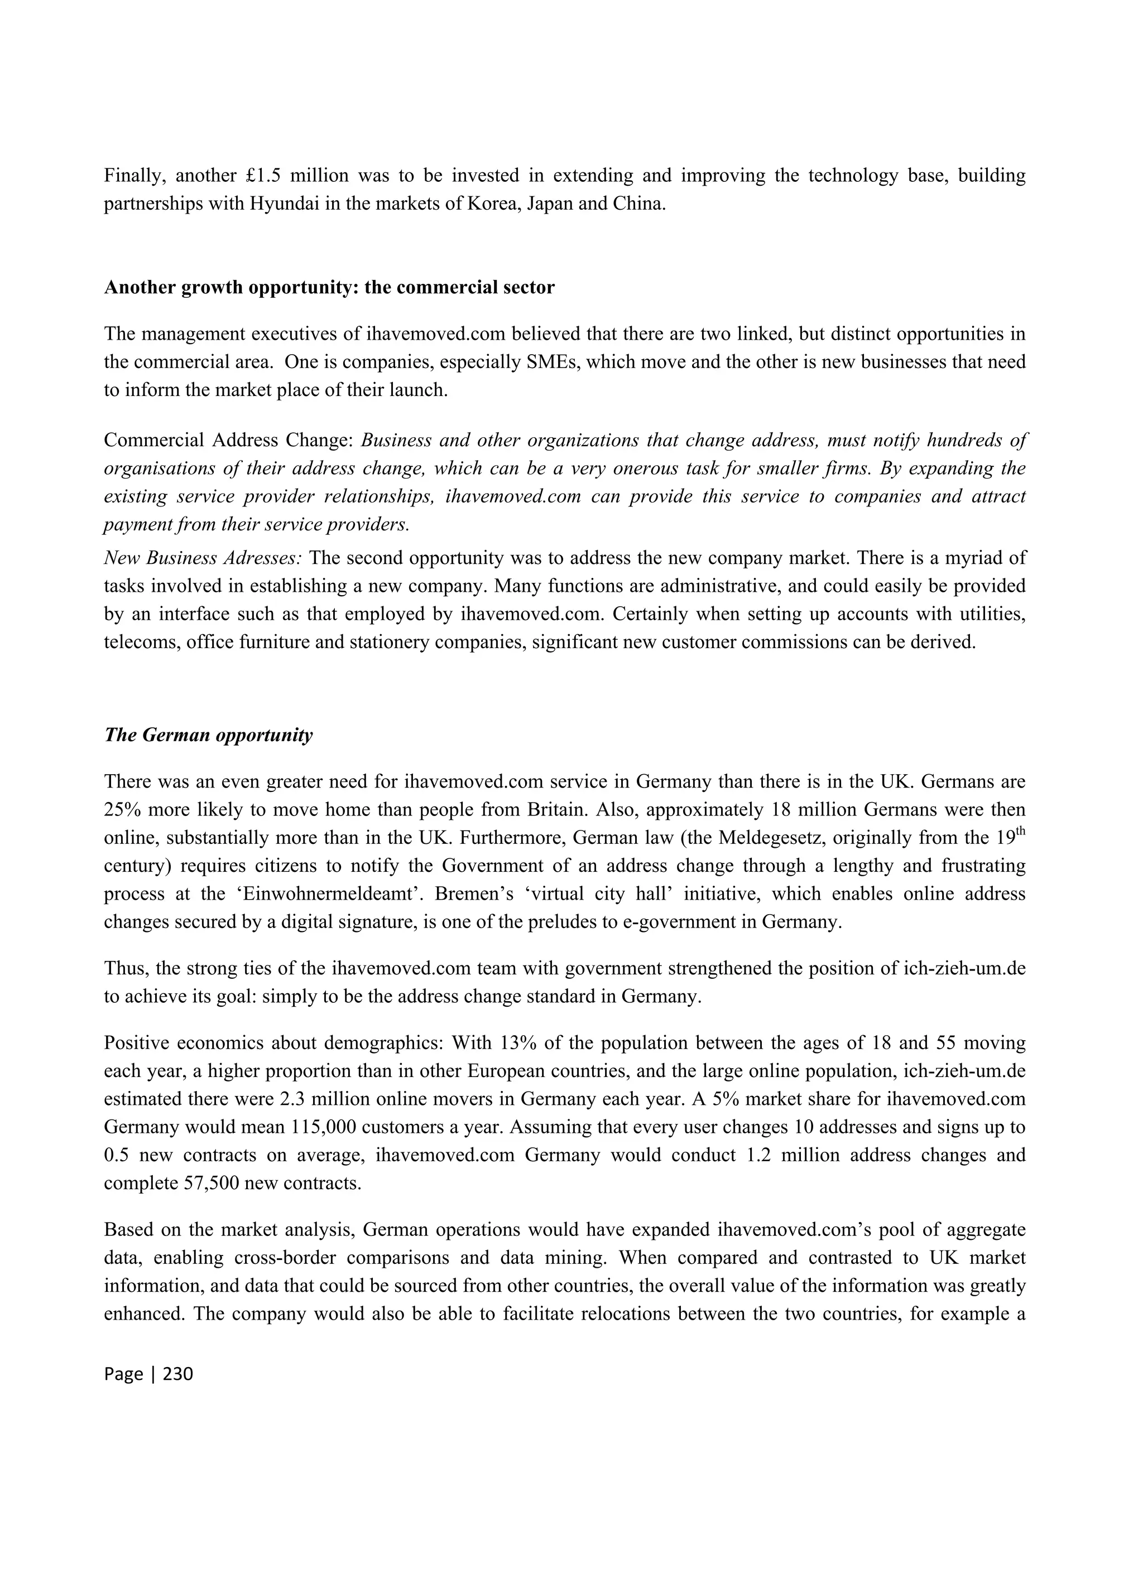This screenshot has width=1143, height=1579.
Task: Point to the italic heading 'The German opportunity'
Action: [208, 735]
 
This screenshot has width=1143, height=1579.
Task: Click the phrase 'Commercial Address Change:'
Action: [229, 440]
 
